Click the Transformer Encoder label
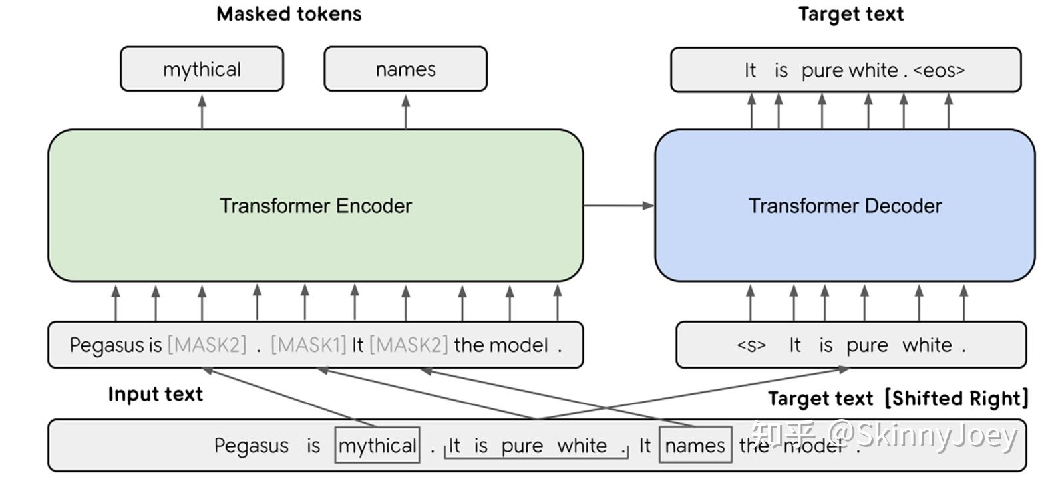coord(315,206)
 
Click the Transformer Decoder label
coord(844,206)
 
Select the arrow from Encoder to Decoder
coord(618,206)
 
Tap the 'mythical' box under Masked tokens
coord(202,69)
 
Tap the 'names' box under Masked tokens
coord(405,69)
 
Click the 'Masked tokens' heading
coord(289,14)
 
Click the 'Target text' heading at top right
coord(850,14)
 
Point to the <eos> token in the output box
coord(939,70)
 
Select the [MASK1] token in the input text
coord(309,345)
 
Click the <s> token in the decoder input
coord(751,345)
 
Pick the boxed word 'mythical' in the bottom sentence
coord(377,445)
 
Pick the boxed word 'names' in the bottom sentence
coord(695,445)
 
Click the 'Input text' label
coord(155,394)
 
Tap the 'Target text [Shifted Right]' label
coord(898,398)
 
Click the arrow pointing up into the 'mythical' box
coord(202,111)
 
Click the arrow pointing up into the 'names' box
coord(406,111)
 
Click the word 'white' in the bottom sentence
coord(582,445)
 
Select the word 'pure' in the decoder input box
coord(867,345)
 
